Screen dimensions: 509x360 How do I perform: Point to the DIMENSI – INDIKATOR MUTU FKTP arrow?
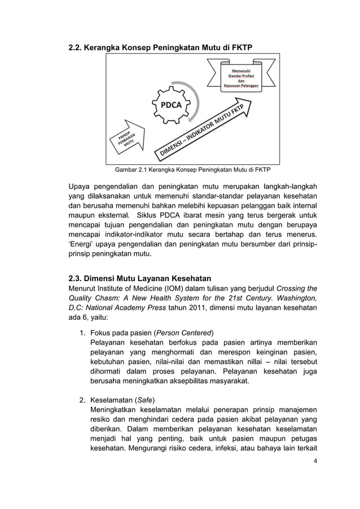coord(204,131)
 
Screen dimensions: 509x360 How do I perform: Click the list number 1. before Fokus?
coord(82,331)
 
